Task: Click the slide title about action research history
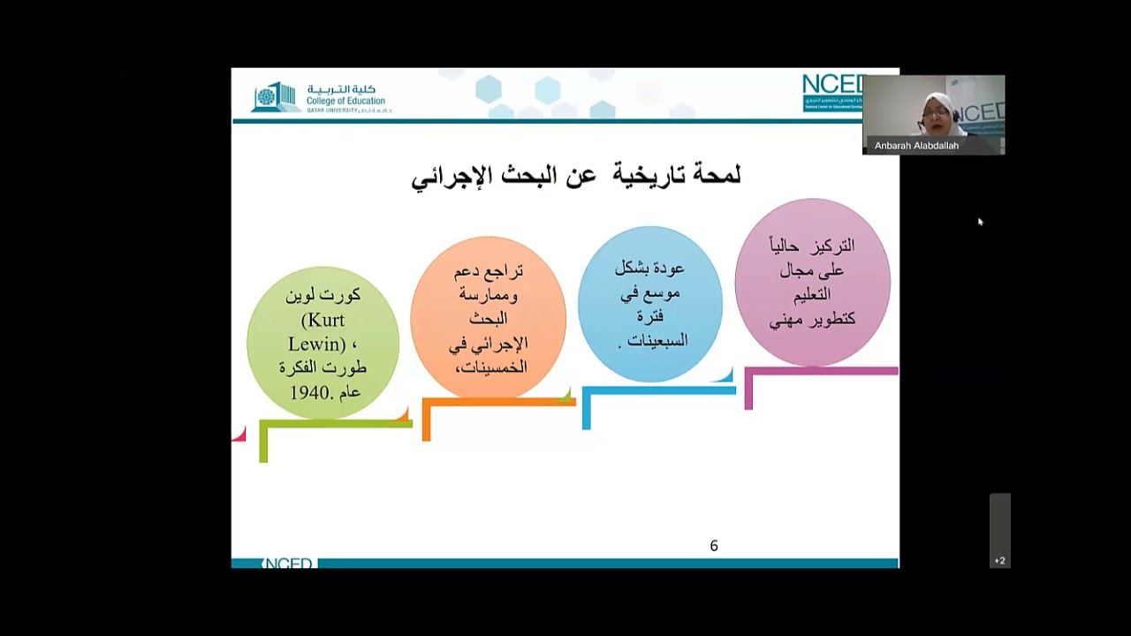point(575,176)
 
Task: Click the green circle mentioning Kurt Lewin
point(323,343)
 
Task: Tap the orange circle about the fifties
point(488,318)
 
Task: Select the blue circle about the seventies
point(650,304)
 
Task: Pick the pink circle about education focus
point(812,282)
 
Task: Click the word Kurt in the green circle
point(323,320)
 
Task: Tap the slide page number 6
point(714,546)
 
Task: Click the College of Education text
point(345,101)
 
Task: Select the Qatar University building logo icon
point(274,97)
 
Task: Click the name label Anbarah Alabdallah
point(916,146)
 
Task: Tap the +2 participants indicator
point(999,560)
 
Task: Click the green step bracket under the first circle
point(336,425)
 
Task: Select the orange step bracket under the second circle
point(499,403)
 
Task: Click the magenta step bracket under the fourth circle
point(822,372)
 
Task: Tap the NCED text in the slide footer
point(289,564)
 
